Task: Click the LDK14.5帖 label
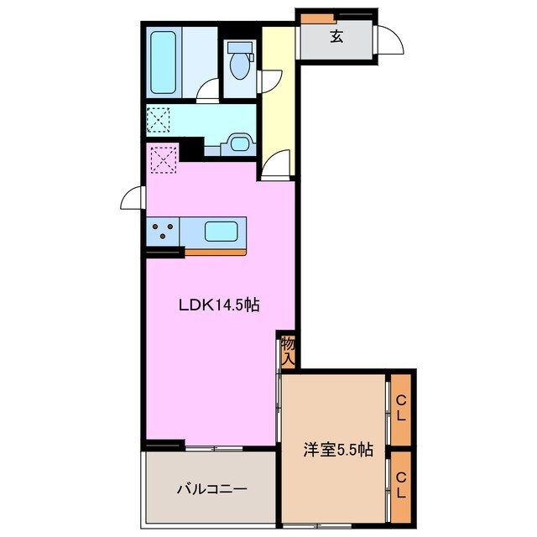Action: [x=218, y=306]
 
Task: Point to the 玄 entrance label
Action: [x=336, y=36]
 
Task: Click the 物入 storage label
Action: [x=288, y=351]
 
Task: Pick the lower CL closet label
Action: [x=401, y=486]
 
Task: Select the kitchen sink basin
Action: [x=223, y=231]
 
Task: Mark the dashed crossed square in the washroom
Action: [x=159, y=119]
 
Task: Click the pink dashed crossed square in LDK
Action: [x=163, y=159]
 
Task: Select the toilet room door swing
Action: [x=269, y=81]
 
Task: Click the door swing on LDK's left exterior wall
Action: [x=133, y=199]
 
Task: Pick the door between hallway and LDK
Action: [x=275, y=164]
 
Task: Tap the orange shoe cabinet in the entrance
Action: [x=315, y=18]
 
